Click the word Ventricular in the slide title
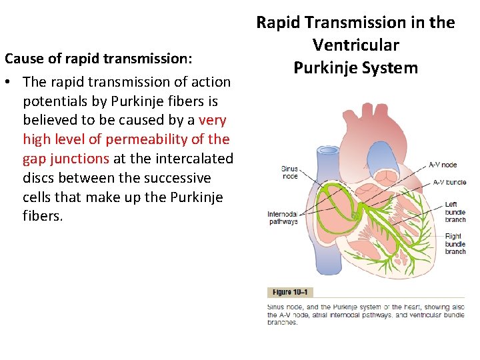point(355,45)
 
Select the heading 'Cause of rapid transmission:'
point(99,58)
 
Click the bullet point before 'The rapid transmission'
point(9,82)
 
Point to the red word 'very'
point(213,121)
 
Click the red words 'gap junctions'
point(66,159)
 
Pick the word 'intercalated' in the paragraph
point(194,159)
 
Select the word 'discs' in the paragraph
point(41,178)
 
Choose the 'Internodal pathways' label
point(283,218)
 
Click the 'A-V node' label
point(442,165)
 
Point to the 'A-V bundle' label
point(448,182)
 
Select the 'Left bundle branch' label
point(455,212)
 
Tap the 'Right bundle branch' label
point(455,243)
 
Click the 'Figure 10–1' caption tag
point(290,292)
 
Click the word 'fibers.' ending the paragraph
point(43,217)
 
